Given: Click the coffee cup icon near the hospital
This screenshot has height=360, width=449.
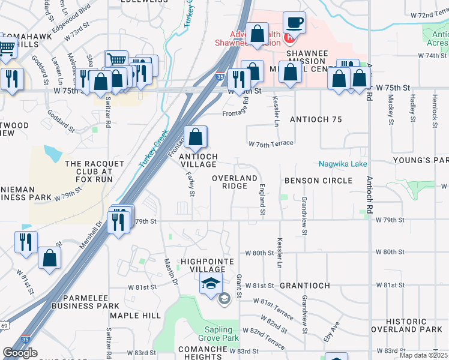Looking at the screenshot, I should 294,23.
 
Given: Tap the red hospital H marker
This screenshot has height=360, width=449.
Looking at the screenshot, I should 289,38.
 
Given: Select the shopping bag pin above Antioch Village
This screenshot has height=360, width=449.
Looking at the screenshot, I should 196,137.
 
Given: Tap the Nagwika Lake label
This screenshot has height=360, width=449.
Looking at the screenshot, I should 343,164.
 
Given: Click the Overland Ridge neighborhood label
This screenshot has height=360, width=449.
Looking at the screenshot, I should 235,182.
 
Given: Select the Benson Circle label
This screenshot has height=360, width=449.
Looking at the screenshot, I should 318,181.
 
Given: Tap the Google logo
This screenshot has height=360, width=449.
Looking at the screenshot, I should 20,353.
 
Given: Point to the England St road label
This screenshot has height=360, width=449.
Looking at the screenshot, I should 262,200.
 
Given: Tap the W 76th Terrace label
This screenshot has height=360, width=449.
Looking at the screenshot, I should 271,143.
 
